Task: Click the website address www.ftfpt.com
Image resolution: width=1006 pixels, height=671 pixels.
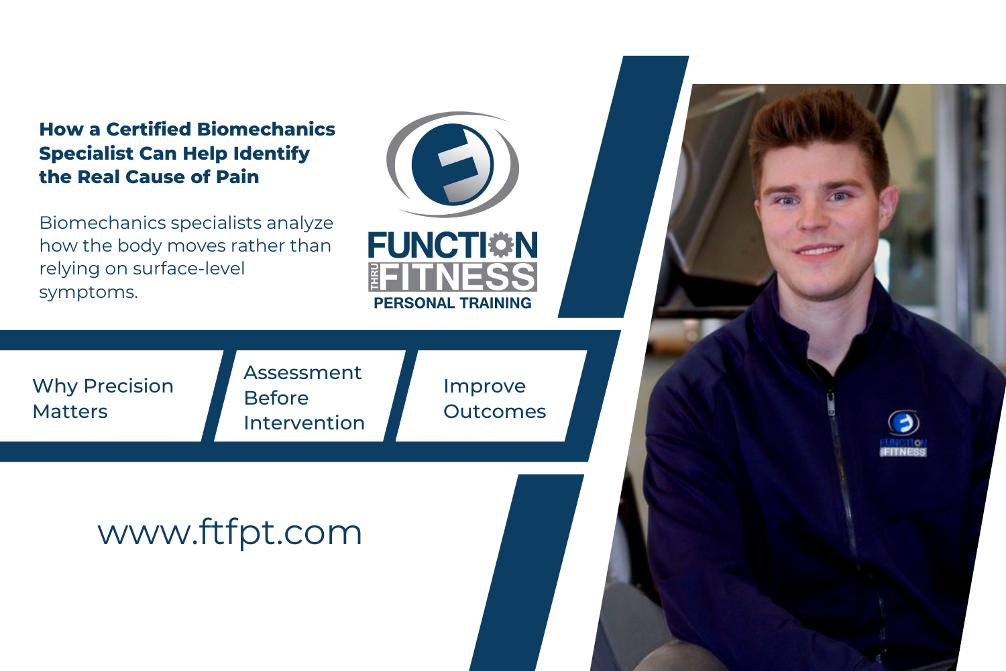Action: click(230, 533)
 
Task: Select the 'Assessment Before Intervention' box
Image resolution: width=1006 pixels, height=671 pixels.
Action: click(304, 397)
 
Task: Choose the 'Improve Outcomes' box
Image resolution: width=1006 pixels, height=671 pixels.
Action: click(494, 398)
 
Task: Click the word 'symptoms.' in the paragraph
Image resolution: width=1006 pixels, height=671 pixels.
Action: click(89, 293)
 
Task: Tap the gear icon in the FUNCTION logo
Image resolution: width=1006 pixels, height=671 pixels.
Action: click(500, 245)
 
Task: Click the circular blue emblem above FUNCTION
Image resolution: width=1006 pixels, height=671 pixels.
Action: click(453, 164)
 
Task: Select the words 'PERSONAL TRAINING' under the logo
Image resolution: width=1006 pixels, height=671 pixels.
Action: click(453, 303)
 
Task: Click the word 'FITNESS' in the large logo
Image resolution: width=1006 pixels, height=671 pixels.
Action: click(459, 277)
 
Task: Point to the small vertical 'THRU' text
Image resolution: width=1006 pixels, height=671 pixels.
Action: click(374, 277)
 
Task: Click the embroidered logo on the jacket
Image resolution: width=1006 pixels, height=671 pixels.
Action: click(903, 435)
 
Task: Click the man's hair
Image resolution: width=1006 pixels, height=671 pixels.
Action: click(818, 127)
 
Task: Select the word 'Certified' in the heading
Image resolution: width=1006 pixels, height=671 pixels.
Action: click(148, 129)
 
